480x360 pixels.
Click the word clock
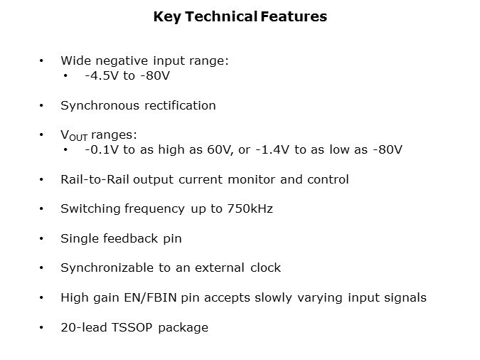point(265,268)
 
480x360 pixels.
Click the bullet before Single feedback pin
point(42,238)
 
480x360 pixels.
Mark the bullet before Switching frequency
point(42,209)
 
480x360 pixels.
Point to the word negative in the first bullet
point(118,61)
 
